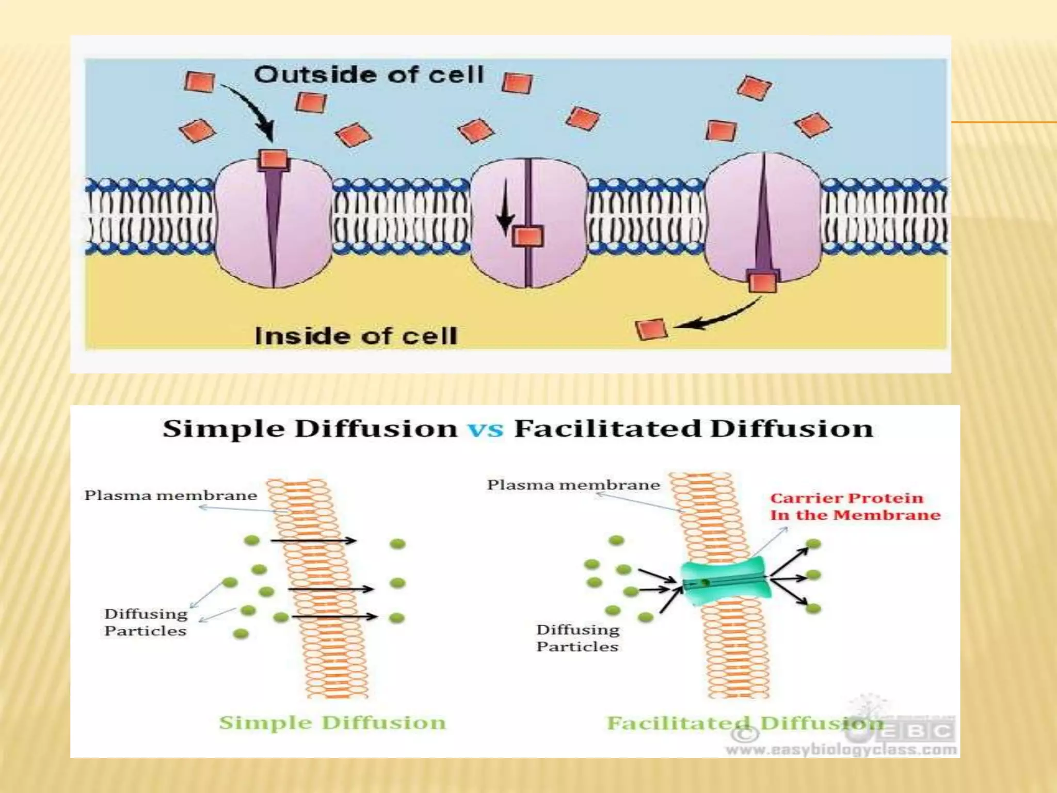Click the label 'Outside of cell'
(369, 75)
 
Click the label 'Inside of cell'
(356, 337)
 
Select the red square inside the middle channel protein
(527, 237)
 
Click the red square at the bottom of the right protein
(762, 282)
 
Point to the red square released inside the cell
(651, 329)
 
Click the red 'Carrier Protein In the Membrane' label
(855, 506)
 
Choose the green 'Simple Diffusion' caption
(332, 722)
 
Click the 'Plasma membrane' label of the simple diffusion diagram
(171, 496)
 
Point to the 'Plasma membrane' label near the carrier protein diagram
(573, 485)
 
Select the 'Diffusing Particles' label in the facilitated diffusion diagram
(578, 638)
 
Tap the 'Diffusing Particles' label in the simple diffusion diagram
(146, 622)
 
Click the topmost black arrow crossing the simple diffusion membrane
(313, 541)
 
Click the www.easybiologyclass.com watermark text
(841, 749)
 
